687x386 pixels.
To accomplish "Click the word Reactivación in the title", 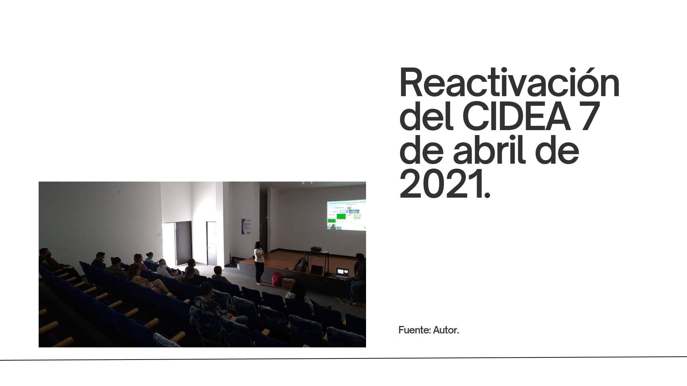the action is click(510, 83).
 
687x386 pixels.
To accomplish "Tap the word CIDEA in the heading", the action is click(516, 117).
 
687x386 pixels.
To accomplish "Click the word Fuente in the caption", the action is click(414, 330).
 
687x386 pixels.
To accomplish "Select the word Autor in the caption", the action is click(445, 330).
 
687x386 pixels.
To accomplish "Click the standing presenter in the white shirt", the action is click(259, 263).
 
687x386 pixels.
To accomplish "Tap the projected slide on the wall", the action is click(346, 214).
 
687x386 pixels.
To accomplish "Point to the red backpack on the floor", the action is click(277, 279).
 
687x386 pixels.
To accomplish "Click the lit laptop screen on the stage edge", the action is click(342, 272).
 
